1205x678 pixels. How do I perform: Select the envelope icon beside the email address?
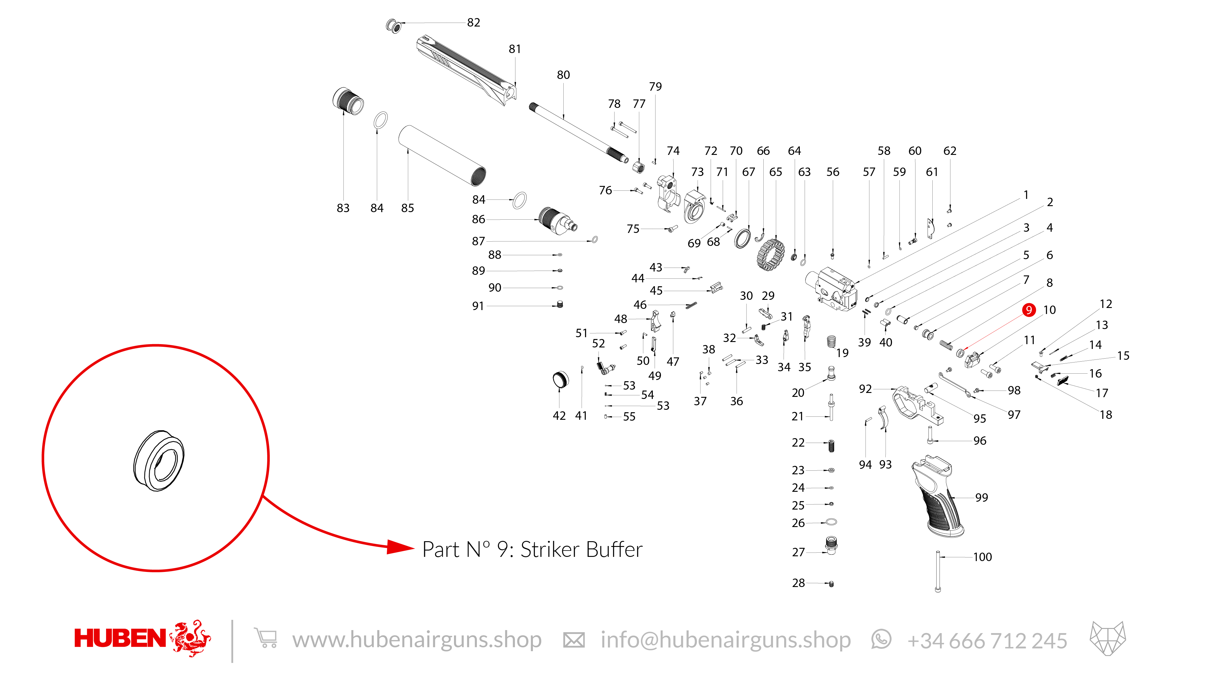(x=574, y=640)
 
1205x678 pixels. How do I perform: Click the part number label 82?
(x=473, y=23)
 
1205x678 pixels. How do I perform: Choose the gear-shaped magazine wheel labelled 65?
(x=770, y=255)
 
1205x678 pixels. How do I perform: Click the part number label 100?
(x=982, y=557)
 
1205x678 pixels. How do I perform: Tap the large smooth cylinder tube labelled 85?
(x=442, y=156)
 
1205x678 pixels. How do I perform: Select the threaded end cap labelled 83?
(x=348, y=101)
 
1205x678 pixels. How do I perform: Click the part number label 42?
(x=559, y=416)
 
